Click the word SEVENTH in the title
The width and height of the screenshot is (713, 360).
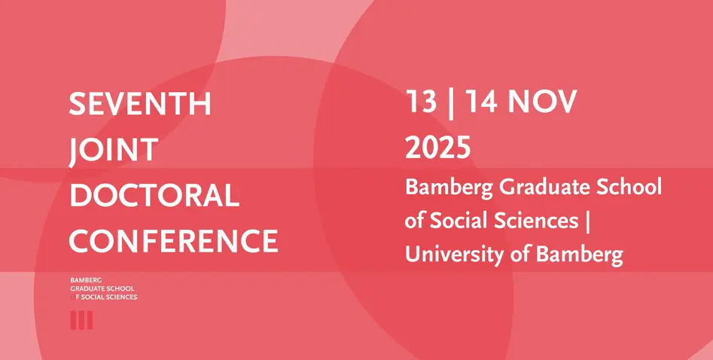coord(140,104)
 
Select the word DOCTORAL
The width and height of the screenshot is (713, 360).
coord(154,196)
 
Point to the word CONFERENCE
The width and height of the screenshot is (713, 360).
coord(173,241)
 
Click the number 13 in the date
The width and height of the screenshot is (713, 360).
coord(421,101)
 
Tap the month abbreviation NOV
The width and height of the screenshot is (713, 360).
coord(542,101)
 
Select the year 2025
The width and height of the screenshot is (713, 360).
coord(438,148)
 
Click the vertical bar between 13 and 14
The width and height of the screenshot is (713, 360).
coord(451,103)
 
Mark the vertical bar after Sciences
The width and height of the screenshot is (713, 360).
coord(587,222)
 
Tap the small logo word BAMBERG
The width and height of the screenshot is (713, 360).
coord(86,280)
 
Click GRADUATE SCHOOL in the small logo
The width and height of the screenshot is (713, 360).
coord(102,288)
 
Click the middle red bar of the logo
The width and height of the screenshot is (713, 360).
coord(81,320)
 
